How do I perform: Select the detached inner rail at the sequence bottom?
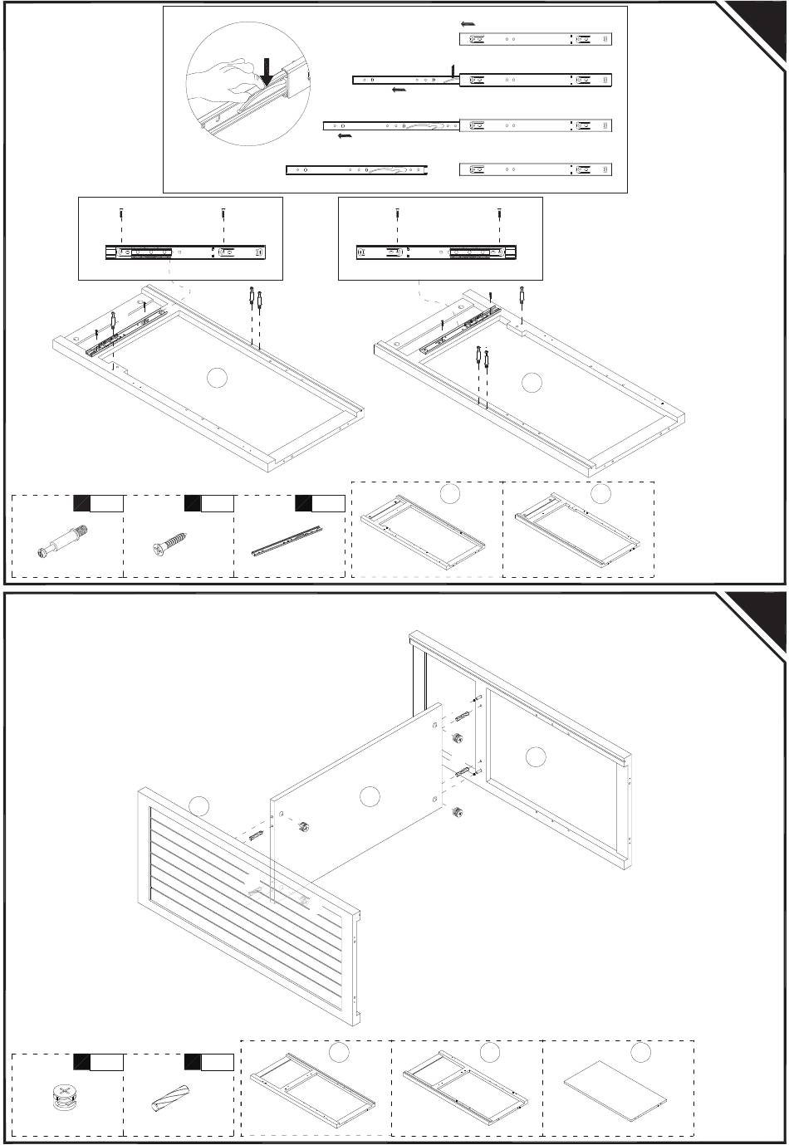point(356,170)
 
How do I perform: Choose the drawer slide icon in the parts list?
point(287,540)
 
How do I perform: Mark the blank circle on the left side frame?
point(217,378)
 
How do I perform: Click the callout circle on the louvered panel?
point(197,805)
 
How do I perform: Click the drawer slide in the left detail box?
point(188,252)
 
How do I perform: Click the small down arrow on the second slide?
point(453,69)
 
